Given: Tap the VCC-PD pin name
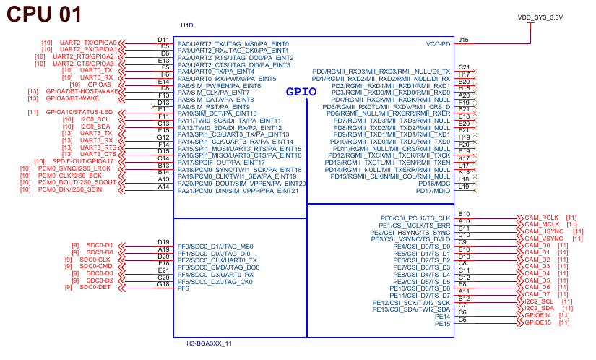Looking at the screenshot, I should pyautogui.click(x=438, y=44).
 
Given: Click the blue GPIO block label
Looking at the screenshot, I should pyautogui.click(x=302, y=92).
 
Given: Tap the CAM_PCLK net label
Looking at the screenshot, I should pyautogui.click(x=542, y=218).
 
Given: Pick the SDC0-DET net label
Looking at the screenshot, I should pyautogui.click(x=95, y=287).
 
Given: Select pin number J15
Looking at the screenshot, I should pyautogui.click(x=463, y=40).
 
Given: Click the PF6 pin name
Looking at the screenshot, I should pyautogui.click(x=183, y=288).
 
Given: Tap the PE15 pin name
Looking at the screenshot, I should pyautogui.click(x=443, y=323).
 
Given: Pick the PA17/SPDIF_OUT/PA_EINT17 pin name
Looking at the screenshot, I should pyautogui.click(x=221, y=163).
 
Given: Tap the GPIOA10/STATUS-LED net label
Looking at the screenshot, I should pyautogui.click(x=79, y=112).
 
